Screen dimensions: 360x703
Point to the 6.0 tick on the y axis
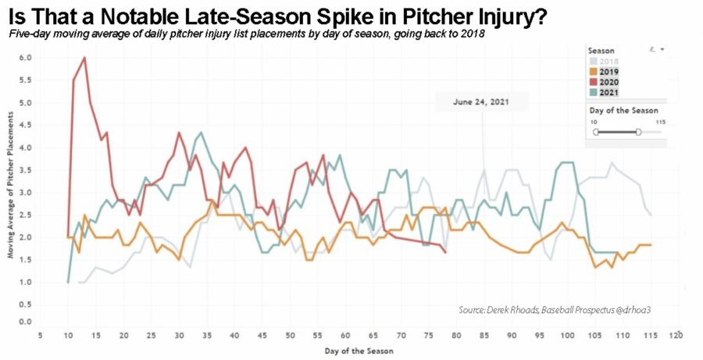click(25, 58)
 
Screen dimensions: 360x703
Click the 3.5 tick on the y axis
click(25, 169)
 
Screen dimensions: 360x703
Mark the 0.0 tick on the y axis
click(25, 322)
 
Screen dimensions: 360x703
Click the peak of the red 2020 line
click(84, 58)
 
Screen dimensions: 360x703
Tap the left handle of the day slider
click(595, 132)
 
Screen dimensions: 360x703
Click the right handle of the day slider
click(639, 132)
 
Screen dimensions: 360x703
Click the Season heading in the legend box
click(601, 49)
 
